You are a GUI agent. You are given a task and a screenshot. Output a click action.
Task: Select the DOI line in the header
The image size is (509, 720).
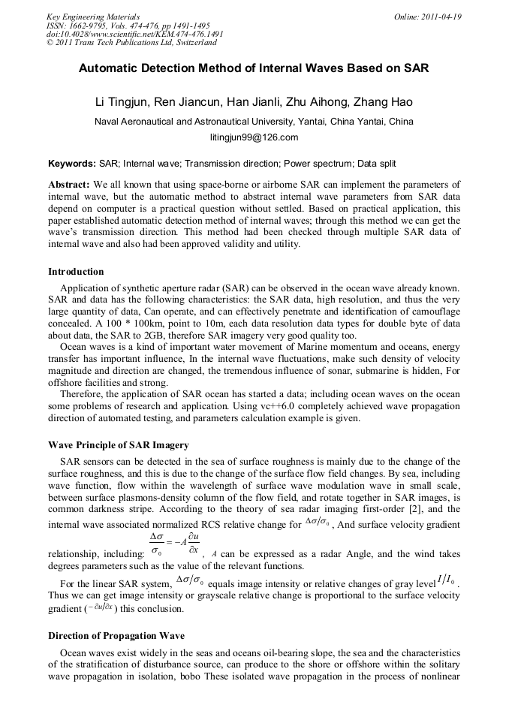(x=134, y=34)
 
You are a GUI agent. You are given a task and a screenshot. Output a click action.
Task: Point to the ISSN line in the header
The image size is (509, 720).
(x=128, y=25)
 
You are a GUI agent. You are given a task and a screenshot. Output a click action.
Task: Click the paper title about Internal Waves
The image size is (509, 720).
(x=254, y=68)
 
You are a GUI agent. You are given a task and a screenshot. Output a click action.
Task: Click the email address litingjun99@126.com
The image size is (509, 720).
(x=254, y=137)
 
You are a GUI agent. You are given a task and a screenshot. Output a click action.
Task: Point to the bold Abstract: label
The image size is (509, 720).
(x=69, y=184)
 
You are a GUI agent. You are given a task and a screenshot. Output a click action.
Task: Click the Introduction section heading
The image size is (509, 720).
(x=76, y=271)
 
